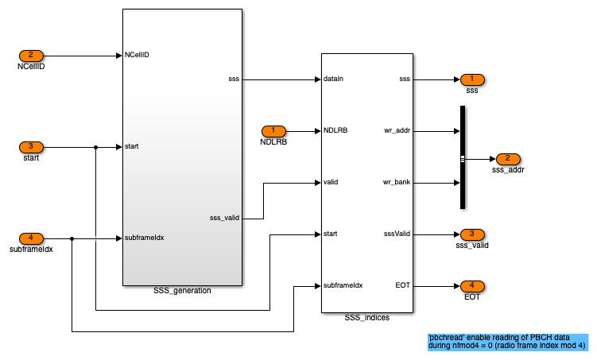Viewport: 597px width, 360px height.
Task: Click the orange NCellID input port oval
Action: [31, 56]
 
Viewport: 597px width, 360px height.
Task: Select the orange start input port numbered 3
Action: [31, 146]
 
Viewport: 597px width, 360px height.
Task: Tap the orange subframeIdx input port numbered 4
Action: [31, 238]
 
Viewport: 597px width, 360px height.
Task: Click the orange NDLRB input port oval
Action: [273, 130]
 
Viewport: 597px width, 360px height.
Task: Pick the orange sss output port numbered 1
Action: [471, 79]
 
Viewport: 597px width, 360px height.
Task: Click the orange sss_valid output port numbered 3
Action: [471, 234]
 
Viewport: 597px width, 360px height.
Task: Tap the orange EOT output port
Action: [471, 285]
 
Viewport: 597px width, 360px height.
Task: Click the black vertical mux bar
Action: [462, 157]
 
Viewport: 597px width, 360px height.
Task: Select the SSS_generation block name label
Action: [182, 291]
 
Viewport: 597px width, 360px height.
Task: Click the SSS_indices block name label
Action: [366, 318]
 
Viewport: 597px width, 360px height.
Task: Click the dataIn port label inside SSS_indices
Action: [334, 79]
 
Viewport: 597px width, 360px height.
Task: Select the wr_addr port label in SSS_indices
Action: [397, 130]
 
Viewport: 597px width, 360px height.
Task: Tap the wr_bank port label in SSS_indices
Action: [396, 182]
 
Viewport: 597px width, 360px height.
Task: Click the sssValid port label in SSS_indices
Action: [396, 234]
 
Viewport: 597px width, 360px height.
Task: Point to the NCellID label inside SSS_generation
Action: [138, 56]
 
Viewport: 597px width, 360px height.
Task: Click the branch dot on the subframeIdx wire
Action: [72, 238]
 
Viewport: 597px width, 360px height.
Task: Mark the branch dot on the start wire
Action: [96, 146]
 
